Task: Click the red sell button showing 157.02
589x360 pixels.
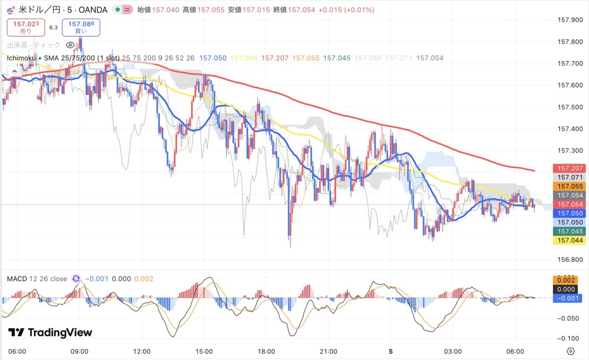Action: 26,27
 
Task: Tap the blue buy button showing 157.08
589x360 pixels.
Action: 81,27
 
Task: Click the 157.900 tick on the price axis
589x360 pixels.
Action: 570,20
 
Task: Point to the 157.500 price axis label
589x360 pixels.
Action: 570,107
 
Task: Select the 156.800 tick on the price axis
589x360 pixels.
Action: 570,259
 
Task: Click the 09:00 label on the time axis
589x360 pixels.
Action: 80,352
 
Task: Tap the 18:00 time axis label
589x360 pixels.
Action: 266,352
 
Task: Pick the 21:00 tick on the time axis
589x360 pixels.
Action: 328,352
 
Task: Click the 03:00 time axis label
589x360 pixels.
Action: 453,352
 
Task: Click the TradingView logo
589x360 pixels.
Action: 50,333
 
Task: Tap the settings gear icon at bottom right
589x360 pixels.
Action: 570,351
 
